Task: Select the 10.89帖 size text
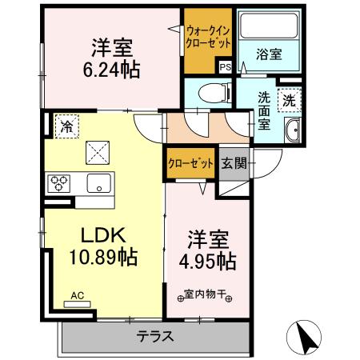coord(102,258)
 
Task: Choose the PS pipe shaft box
coord(225,68)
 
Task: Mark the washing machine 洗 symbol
coord(288,101)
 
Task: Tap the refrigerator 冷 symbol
coord(66,126)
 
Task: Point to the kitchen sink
coord(98,182)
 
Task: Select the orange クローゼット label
coord(190,164)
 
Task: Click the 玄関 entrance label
coord(234,164)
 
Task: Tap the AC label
coord(77,295)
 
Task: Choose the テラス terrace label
coord(155,336)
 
